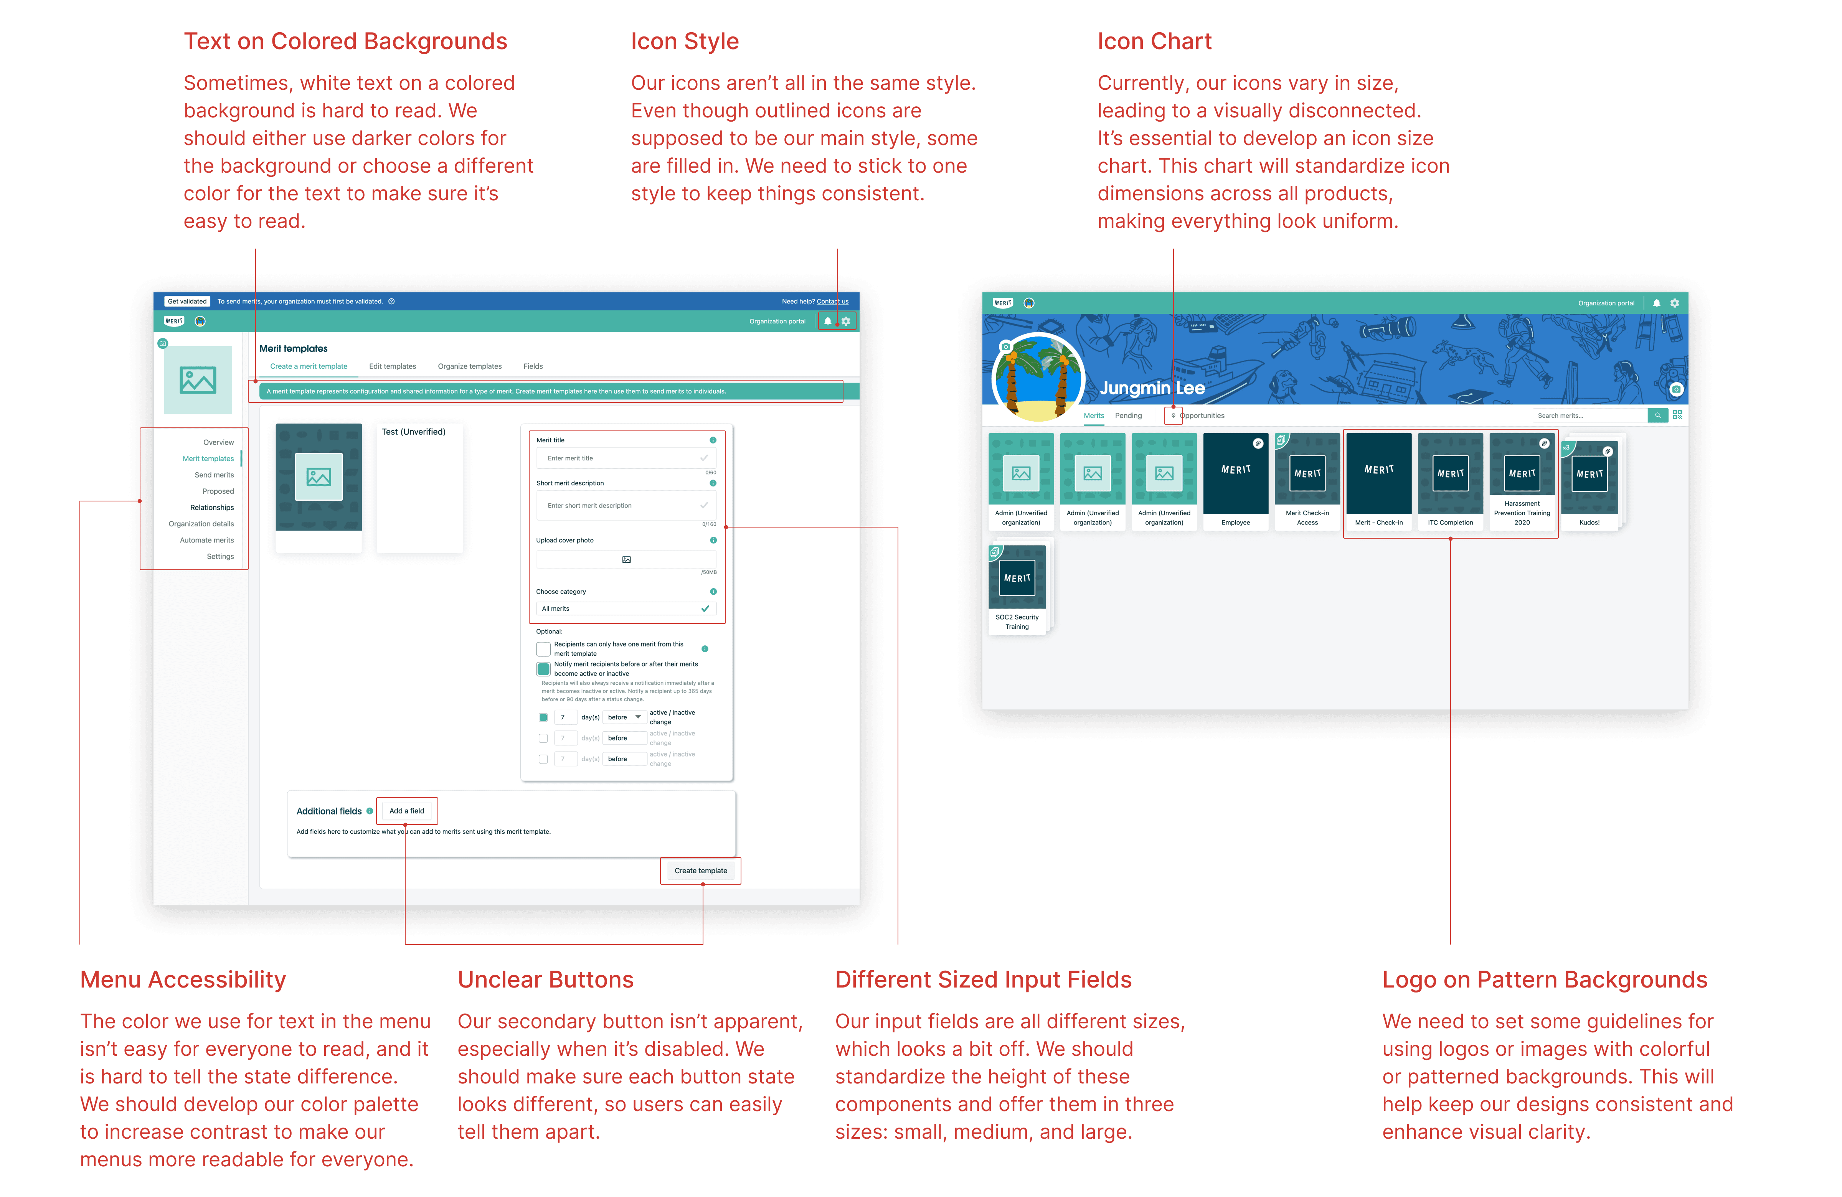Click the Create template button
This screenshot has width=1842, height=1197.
coord(700,871)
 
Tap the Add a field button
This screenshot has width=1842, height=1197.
coord(406,811)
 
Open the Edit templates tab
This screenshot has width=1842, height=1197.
coord(393,366)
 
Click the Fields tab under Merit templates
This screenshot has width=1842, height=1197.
coord(533,366)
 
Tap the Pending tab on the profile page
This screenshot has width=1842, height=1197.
coord(1127,415)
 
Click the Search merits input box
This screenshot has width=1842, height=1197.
coord(1589,415)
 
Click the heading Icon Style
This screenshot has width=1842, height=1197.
coord(685,42)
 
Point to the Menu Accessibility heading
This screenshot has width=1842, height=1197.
coord(183,979)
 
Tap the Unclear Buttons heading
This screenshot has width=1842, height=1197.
coord(546,979)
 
